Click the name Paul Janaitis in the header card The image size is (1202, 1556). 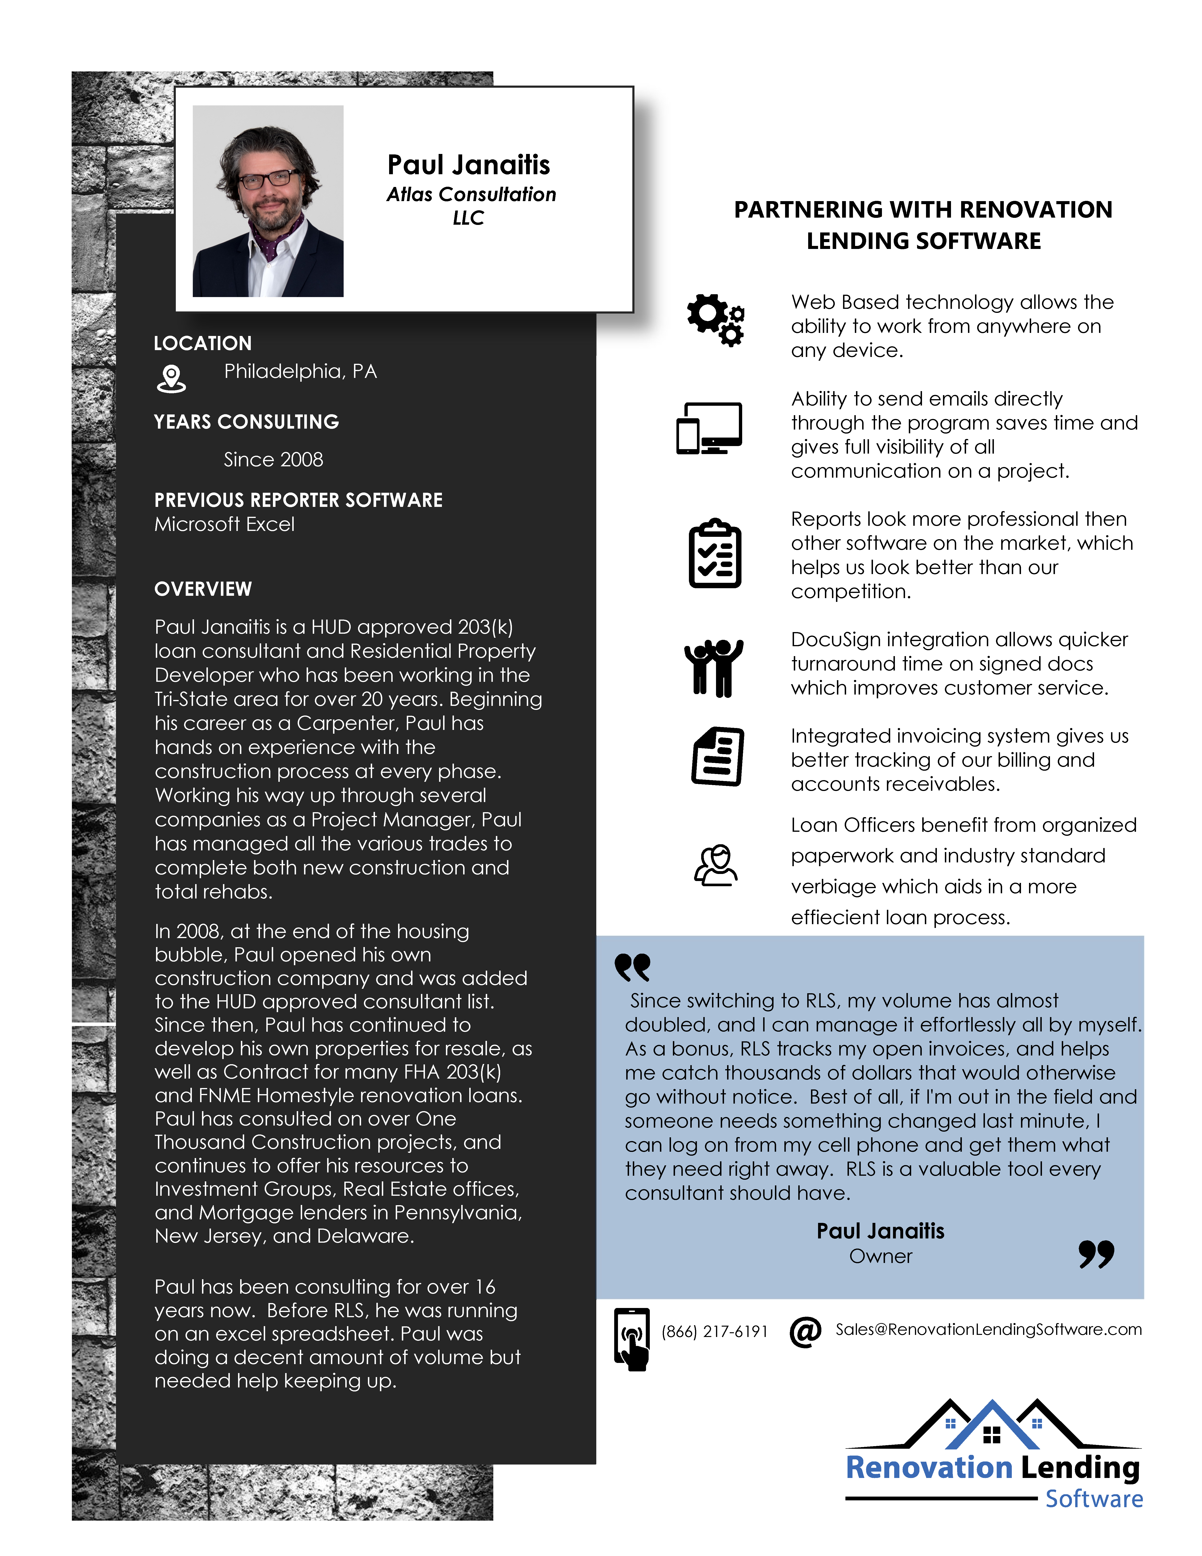469,165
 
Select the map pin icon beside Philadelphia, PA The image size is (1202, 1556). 171,378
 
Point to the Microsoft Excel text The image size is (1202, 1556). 224,524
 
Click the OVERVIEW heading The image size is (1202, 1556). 203,589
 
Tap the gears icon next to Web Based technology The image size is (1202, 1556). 716,320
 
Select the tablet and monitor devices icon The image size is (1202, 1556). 709,428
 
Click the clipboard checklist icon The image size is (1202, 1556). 715,554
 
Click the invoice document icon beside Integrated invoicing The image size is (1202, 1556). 718,757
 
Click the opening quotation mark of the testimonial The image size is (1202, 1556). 632,967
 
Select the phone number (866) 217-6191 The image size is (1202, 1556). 714,1332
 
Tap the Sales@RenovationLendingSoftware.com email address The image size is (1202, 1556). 988,1329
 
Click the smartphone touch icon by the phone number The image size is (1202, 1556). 632,1339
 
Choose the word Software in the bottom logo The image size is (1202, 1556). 1094,1499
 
